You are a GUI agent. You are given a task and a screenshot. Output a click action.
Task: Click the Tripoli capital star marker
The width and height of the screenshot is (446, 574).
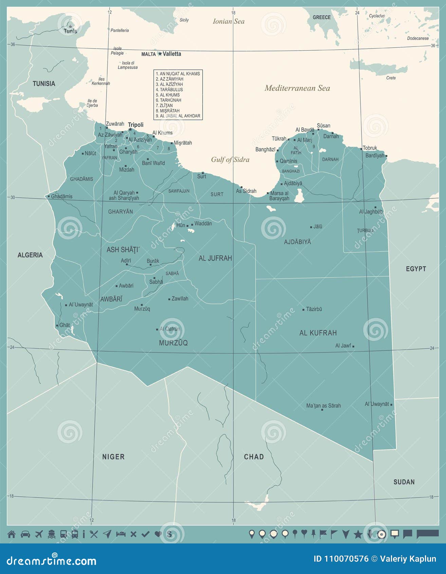(130, 129)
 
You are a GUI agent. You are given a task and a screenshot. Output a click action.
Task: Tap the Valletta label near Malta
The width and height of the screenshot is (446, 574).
(172, 54)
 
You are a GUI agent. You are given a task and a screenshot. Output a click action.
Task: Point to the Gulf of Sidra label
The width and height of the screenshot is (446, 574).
(230, 160)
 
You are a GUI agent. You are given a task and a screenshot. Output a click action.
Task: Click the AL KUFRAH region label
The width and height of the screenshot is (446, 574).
(318, 333)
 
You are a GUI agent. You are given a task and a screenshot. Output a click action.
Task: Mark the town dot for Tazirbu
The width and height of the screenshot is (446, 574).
(303, 309)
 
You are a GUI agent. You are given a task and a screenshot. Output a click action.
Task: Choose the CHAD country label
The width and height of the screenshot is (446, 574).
(254, 457)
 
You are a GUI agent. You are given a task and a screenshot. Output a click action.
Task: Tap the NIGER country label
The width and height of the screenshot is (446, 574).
(113, 457)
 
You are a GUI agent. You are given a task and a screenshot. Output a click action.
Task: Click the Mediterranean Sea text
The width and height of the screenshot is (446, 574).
(297, 88)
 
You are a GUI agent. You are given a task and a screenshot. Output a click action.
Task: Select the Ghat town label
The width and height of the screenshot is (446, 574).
(64, 325)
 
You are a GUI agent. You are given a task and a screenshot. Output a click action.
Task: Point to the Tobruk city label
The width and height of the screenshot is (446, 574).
(370, 148)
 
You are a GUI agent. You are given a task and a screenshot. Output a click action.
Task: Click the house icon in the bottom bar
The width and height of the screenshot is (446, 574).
(12, 534)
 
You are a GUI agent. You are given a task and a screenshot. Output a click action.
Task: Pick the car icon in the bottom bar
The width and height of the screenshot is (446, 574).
(25, 534)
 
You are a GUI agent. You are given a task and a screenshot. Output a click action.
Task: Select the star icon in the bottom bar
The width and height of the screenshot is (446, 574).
(358, 535)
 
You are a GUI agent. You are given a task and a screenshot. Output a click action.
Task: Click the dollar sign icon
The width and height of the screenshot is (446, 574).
(169, 534)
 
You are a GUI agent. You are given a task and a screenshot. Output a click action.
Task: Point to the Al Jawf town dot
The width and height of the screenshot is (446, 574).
(353, 346)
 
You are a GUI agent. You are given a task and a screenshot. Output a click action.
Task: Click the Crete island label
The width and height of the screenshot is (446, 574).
(391, 78)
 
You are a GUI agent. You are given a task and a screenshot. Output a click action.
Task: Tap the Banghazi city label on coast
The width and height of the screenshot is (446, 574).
(265, 149)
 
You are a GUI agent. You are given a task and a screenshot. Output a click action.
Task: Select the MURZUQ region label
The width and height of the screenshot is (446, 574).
(173, 343)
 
